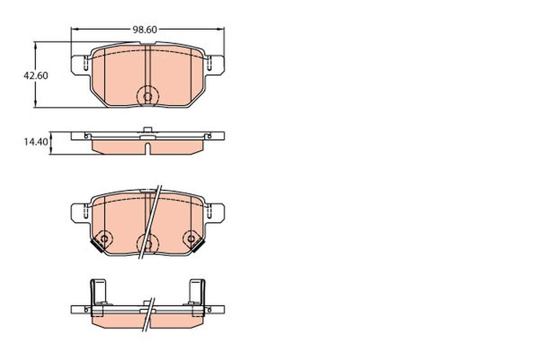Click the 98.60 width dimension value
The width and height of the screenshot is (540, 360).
click(144, 30)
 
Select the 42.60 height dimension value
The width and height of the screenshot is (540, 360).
click(36, 76)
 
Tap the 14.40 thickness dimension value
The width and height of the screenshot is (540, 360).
click(36, 142)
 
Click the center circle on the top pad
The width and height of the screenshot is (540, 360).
click(148, 97)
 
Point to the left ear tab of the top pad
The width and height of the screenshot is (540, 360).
click(80, 65)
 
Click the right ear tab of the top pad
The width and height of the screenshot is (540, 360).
click(215, 65)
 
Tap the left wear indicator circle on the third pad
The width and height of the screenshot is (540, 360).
click(104, 239)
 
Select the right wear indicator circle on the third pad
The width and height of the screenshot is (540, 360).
click(191, 239)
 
